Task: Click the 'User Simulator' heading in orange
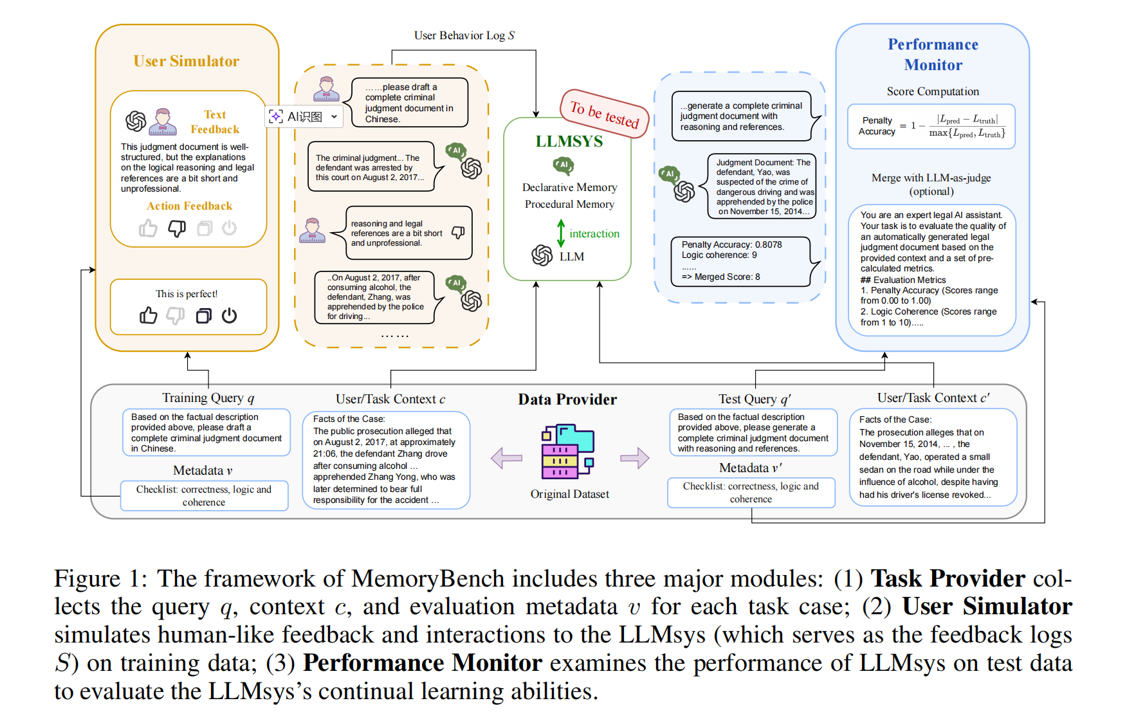click(x=186, y=61)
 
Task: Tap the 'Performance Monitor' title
click(x=933, y=55)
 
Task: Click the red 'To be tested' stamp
click(x=604, y=114)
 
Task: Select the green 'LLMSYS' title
click(x=569, y=141)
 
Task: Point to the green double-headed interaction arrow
click(x=561, y=233)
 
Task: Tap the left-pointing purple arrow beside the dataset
click(x=506, y=458)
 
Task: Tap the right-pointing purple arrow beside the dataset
click(x=634, y=458)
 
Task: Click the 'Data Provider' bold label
click(x=567, y=399)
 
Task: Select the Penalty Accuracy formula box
click(x=931, y=126)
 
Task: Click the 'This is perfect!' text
click(x=187, y=294)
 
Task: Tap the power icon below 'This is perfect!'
click(x=229, y=315)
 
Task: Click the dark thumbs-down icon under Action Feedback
click(x=177, y=228)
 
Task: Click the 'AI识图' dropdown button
click(x=304, y=116)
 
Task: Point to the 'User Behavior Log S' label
click(x=464, y=35)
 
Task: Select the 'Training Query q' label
click(x=208, y=397)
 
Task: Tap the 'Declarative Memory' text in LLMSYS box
click(x=569, y=187)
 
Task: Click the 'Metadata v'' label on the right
click(x=750, y=468)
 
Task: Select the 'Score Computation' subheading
click(x=933, y=91)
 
